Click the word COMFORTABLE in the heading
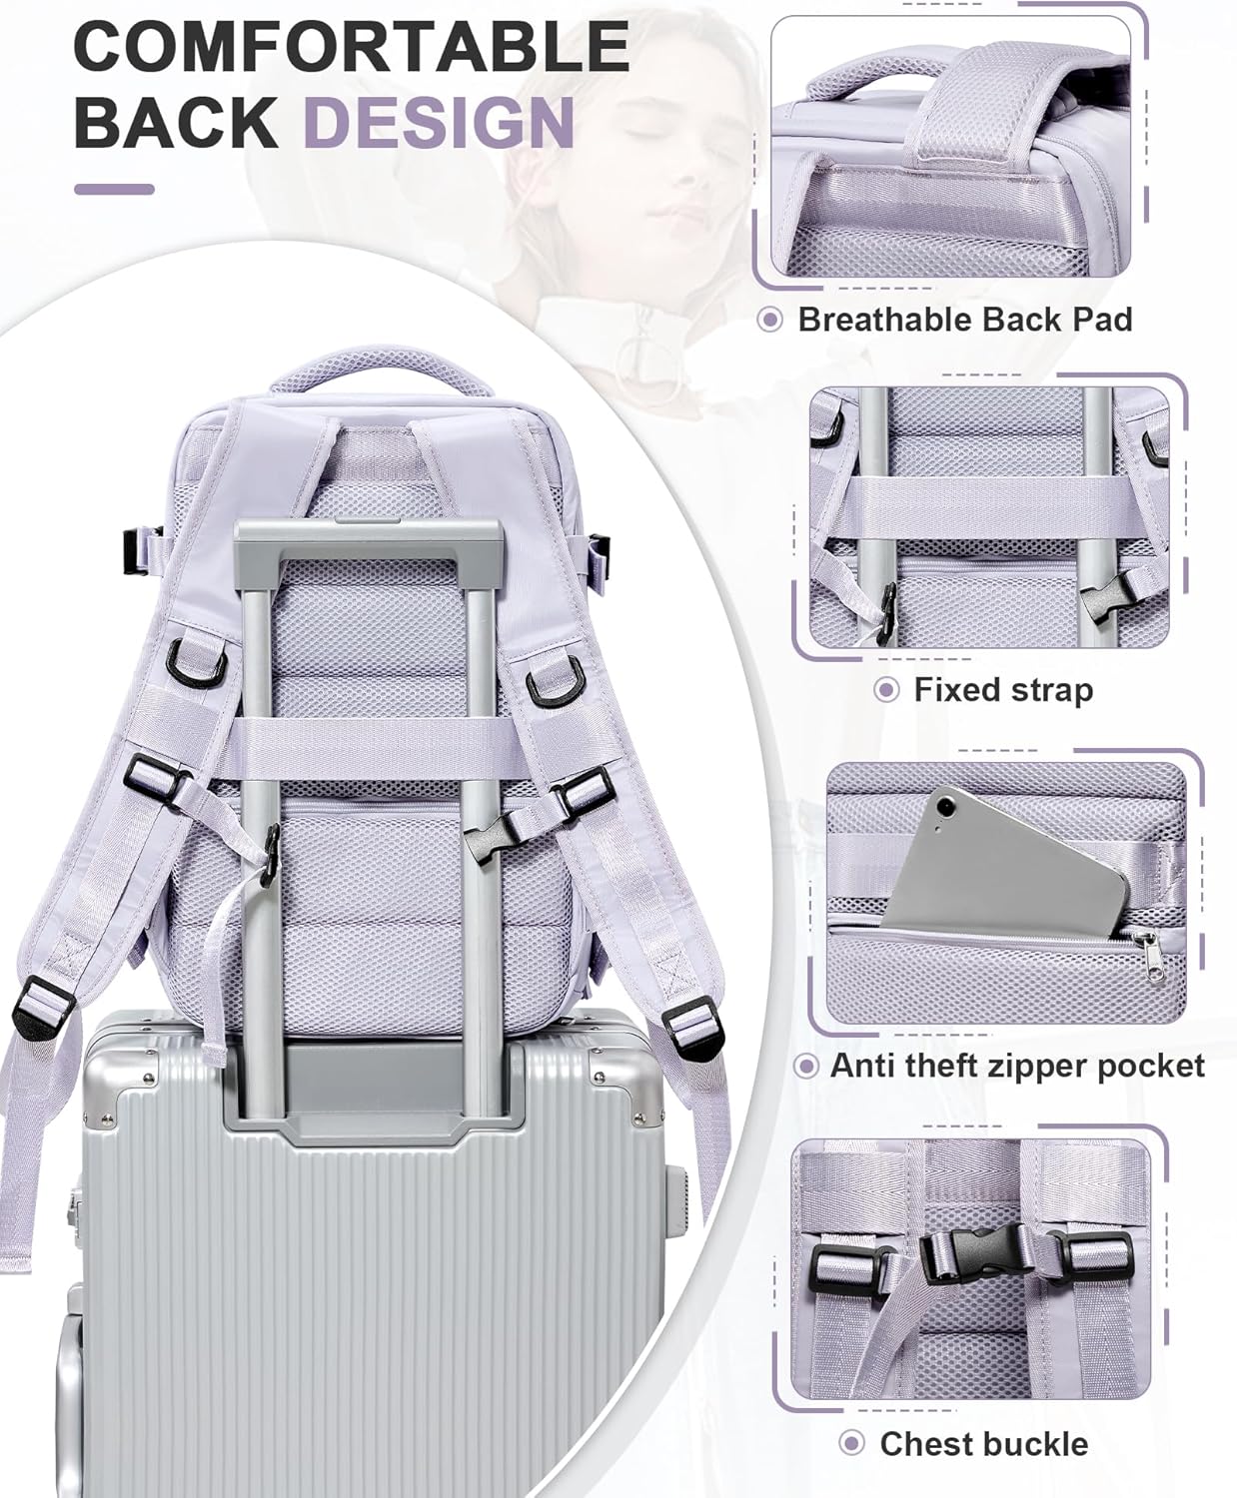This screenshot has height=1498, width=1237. pyautogui.click(x=351, y=47)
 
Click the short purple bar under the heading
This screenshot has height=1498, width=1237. pyautogui.click(x=114, y=189)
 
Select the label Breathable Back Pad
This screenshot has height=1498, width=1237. pyautogui.click(x=964, y=320)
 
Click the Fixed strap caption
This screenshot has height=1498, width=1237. pyautogui.click(x=1002, y=690)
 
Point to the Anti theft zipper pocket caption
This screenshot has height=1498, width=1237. pyautogui.click(x=1016, y=1066)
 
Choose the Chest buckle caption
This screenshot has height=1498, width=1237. pyautogui.click(x=982, y=1444)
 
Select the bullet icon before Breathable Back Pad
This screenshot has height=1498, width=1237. pyautogui.click(x=769, y=320)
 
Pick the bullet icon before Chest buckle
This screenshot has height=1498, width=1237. pyautogui.click(x=851, y=1444)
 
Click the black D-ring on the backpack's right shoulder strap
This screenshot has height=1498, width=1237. pyautogui.click(x=552, y=688)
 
